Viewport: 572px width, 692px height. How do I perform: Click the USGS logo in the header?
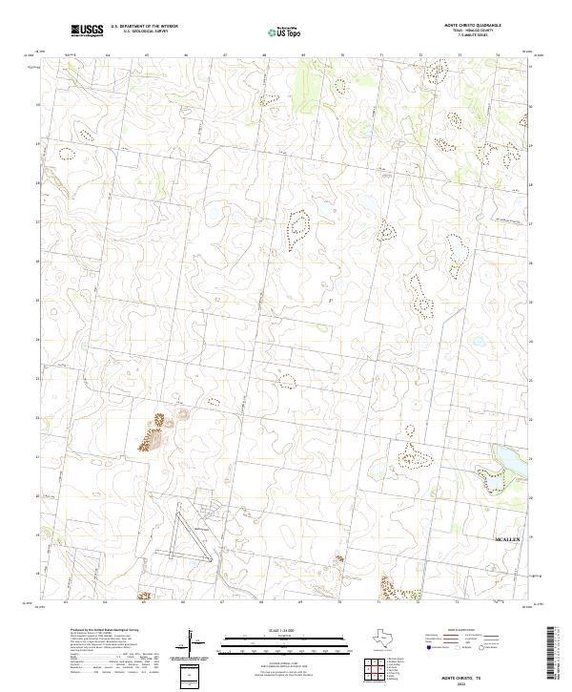(x=88, y=31)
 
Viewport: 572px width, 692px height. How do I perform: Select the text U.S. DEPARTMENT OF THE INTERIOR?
(x=144, y=27)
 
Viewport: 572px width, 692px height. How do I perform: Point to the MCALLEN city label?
(x=506, y=540)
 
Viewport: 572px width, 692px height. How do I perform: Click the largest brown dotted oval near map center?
(x=299, y=227)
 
